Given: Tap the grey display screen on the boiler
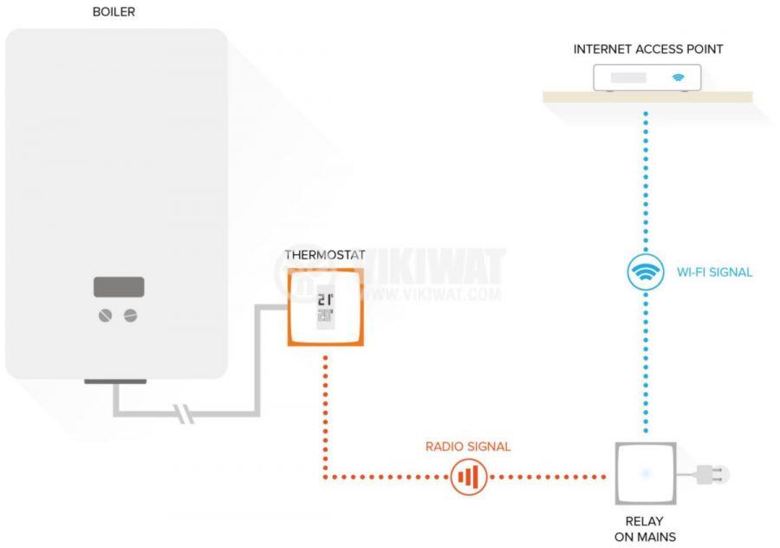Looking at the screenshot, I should pyautogui.click(x=120, y=287).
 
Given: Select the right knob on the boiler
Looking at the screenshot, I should pyautogui.click(x=131, y=316).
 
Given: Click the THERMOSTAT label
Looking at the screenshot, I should pyautogui.click(x=325, y=255).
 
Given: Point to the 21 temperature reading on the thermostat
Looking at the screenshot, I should pyautogui.click(x=324, y=300).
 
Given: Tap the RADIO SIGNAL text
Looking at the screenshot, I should pyautogui.click(x=468, y=447).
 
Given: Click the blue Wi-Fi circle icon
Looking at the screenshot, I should pyautogui.click(x=646, y=272).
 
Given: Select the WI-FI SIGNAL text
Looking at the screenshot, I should pyautogui.click(x=714, y=272).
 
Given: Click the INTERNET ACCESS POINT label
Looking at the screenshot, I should pyautogui.click(x=647, y=49).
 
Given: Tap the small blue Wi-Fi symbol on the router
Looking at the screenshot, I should pyautogui.click(x=679, y=77).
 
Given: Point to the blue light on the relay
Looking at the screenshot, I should pyautogui.click(x=645, y=473).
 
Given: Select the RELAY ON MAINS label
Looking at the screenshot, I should pyautogui.click(x=646, y=530).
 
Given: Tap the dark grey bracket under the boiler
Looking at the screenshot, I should pyautogui.click(x=115, y=381).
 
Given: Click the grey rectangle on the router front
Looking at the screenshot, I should pyautogui.click(x=628, y=78).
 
